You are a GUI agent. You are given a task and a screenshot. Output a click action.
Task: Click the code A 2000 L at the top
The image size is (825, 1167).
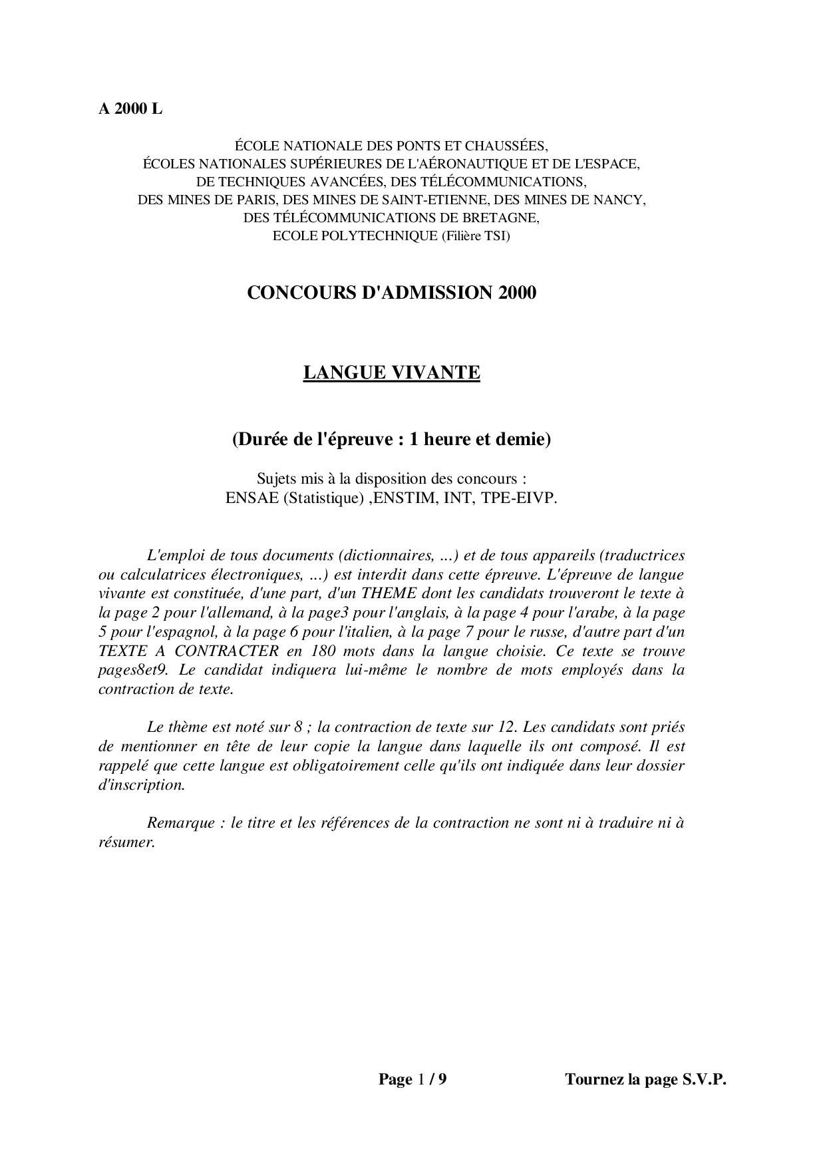coord(130,110)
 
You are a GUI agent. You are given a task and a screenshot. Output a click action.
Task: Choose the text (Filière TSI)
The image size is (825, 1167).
coord(476,236)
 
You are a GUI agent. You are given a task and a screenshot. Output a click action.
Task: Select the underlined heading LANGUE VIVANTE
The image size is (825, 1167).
coord(391,373)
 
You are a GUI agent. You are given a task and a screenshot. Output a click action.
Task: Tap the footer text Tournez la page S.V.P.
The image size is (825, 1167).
coord(645,1079)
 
